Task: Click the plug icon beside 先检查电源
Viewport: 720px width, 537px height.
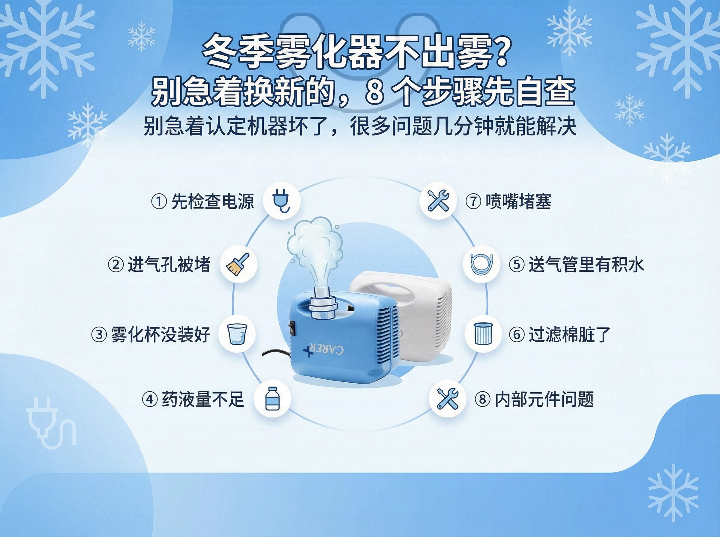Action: [281, 200]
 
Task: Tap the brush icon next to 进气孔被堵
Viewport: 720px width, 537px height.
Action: [238, 264]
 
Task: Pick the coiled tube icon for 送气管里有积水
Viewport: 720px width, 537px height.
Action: [481, 264]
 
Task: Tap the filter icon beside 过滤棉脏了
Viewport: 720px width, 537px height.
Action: [483, 334]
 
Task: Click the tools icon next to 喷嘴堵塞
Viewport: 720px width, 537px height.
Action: [438, 200]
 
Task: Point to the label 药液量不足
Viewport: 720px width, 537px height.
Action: [203, 399]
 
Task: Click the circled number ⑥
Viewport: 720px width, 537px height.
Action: [517, 335]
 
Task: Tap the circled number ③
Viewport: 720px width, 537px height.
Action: [99, 335]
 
